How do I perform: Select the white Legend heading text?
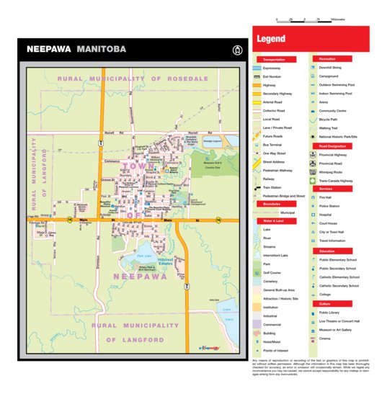click(271, 39)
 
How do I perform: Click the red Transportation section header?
click(274, 60)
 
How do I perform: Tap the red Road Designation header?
click(332, 145)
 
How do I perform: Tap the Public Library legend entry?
click(329, 313)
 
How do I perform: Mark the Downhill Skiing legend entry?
click(333, 67)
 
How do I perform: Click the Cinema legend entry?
click(325, 339)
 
